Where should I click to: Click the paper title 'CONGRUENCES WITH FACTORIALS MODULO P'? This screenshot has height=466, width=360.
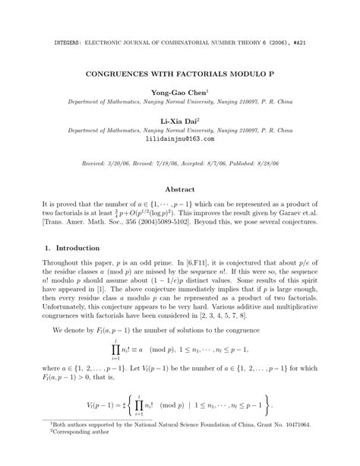pos(180,78)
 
